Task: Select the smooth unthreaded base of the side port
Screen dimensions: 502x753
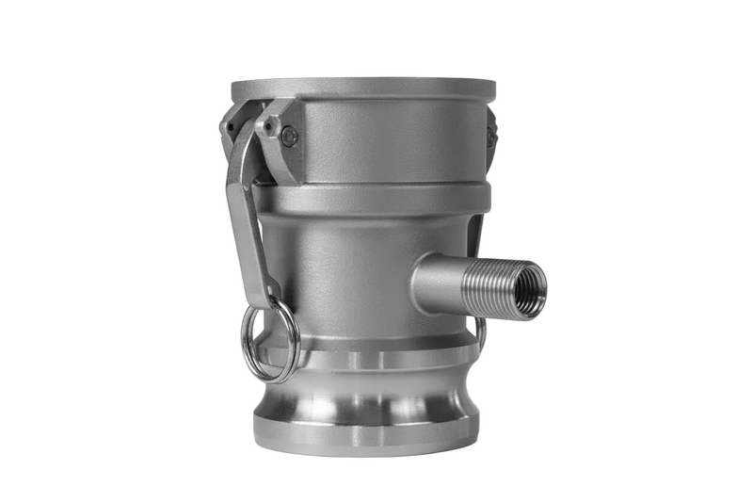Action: click(438, 283)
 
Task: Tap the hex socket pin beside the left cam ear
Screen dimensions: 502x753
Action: click(289, 138)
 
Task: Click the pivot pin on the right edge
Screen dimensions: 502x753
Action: click(490, 136)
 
